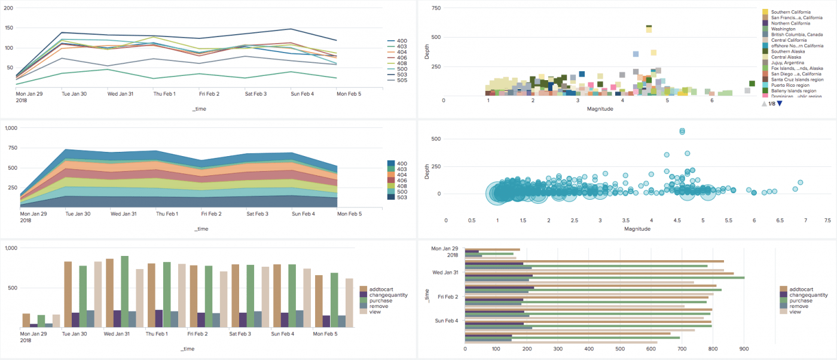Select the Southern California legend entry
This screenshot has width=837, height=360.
click(790, 12)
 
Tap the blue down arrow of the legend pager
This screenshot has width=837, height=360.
click(780, 104)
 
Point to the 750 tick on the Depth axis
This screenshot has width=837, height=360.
click(436, 8)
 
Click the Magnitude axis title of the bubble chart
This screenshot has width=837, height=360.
click(637, 229)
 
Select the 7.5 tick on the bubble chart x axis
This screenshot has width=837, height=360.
click(827, 221)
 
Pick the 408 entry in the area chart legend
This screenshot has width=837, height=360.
click(402, 185)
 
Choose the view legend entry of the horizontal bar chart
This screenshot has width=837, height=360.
click(795, 312)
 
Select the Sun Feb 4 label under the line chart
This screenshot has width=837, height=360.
click(304, 94)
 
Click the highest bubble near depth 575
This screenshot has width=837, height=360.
click(682, 131)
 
